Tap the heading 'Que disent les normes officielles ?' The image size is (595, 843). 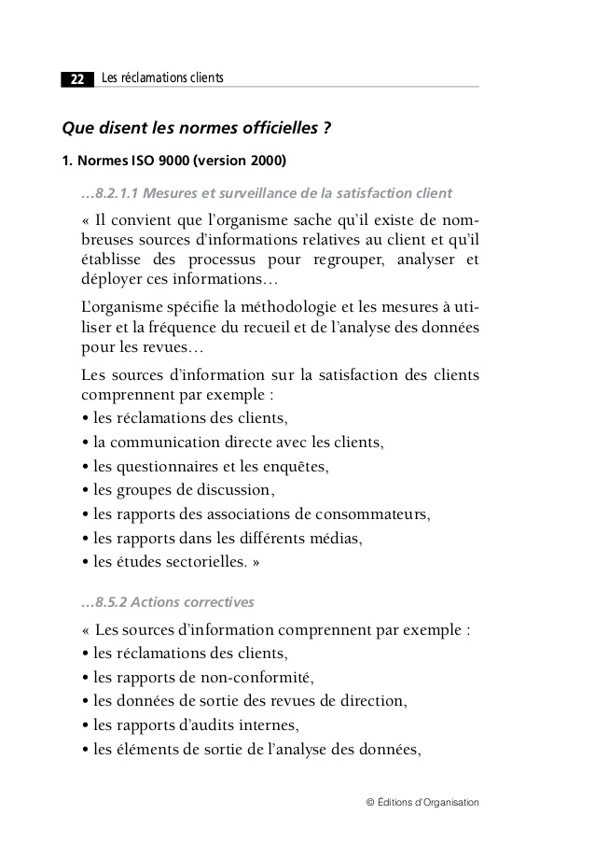[198, 127]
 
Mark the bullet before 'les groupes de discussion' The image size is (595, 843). [86, 490]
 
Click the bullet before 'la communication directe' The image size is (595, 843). [86, 442]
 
